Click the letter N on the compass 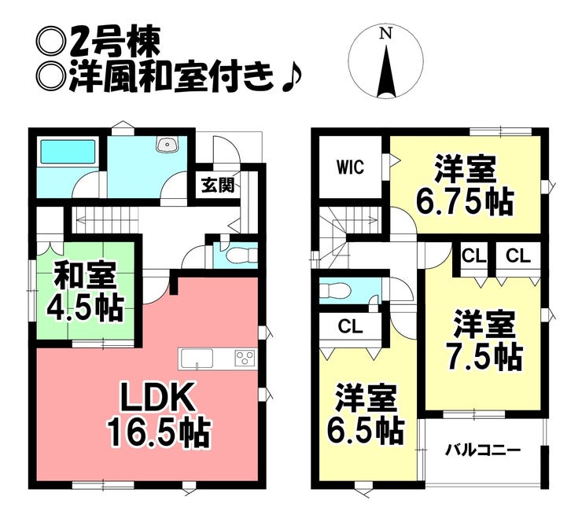(x=386, y=34)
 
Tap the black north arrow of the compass (x=386, y=72)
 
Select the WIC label (x=350, y=167)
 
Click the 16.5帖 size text (x=159, y=432)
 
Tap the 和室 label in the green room (x=86, y=275)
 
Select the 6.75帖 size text (x=465, y=202)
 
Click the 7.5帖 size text (x=485, y=357)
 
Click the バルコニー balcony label (x=483, y=451)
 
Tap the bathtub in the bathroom (x=67, y=151)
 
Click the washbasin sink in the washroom (x=168, y=144)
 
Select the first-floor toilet (x=241, y=255)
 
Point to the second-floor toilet (x=335, y=290)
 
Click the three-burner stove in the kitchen (x=245, y=358)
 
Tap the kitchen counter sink (x=197, y=359)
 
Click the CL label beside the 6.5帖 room (x=350, y=327)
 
